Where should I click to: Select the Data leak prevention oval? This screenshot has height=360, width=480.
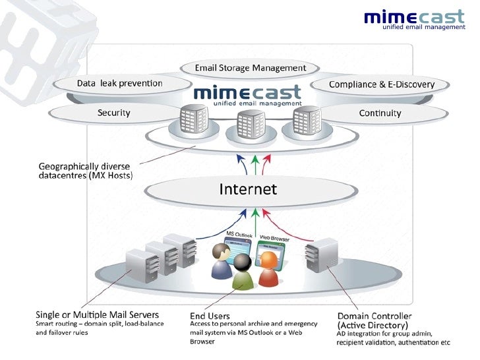point(119,83)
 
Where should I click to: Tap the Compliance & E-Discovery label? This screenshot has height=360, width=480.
point(381,84)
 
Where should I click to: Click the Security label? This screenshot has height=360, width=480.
point(113,113)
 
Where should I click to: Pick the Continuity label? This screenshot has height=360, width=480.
point(380,113)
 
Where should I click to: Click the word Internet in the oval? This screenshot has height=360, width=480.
point(248,189)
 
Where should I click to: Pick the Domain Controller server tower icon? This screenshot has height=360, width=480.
point(321,254)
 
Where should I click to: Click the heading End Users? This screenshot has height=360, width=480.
point(210,316)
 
